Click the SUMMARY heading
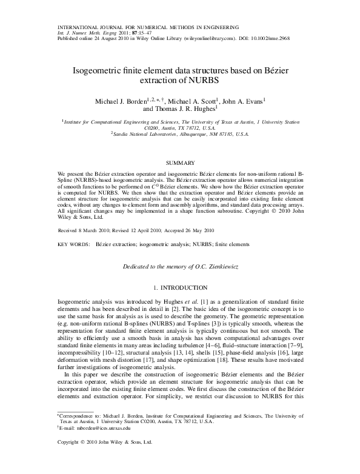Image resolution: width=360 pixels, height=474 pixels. (x=181, y=163)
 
